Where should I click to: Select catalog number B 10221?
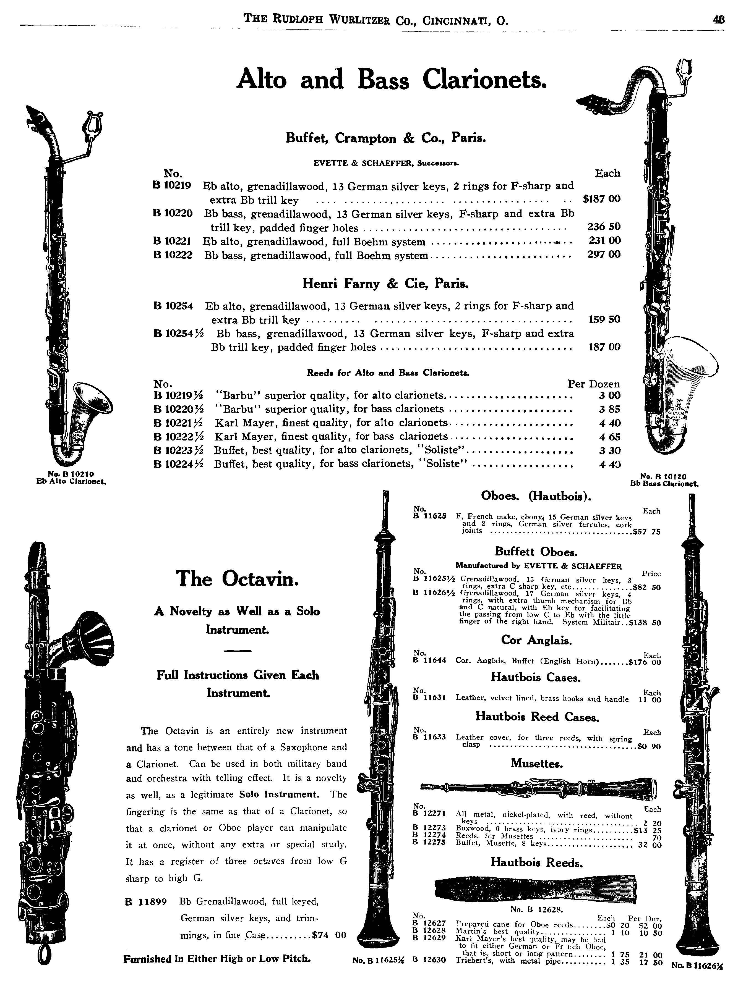(172, 241)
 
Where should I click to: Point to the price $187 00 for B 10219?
(601, 199)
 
